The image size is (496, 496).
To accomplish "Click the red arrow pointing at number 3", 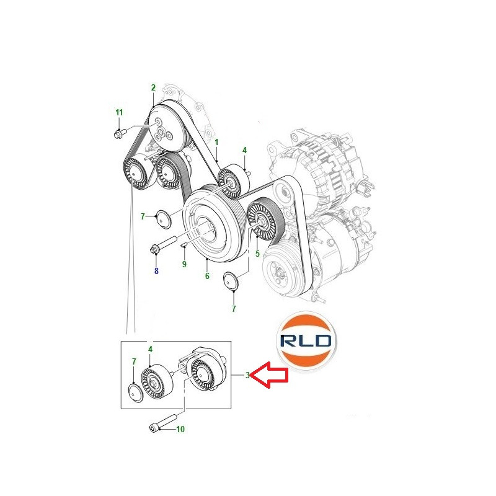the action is tap(270, 375).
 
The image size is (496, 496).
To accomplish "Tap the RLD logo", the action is tap(306, 340).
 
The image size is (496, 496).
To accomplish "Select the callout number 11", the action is tap(119, 113).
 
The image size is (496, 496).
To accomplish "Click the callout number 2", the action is tap(153, 87).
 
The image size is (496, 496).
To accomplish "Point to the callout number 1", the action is tap(216, 143).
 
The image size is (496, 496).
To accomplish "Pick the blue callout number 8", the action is tap(156, 271).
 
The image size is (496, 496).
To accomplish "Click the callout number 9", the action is tap(184, 264).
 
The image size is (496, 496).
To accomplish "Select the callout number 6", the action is tap(207, 276).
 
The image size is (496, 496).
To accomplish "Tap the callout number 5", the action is tap(257, 254).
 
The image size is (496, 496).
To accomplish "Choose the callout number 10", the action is tap(180, 429).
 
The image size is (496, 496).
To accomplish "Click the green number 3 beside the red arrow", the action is tap(247, 375).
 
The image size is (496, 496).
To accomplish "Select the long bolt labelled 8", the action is tap(163, 245).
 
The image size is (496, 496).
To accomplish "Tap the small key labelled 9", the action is tap(184, 244).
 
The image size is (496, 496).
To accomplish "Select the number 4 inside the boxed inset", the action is tap(150, 349).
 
